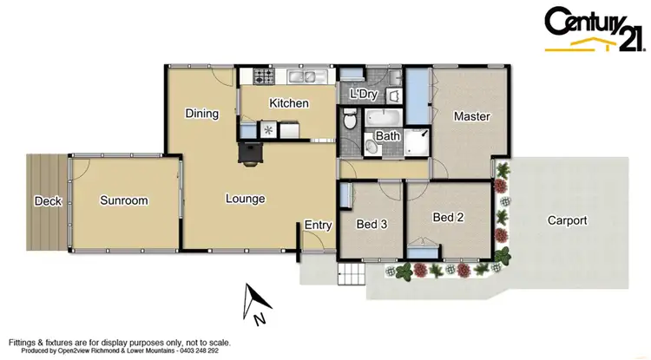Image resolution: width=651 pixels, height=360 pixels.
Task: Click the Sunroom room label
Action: (123, 200)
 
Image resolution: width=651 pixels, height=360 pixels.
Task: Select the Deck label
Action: (47, 201)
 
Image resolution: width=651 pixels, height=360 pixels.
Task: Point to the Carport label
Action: (567, 220)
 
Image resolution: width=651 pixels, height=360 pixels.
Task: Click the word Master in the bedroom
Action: (471, 116)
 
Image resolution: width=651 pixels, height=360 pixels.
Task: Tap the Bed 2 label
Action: (448, 219)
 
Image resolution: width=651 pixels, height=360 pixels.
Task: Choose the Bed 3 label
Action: (372, 225)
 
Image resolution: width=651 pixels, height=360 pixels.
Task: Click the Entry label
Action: (318, 225)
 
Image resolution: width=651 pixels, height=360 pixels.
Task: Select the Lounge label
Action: (245, 199)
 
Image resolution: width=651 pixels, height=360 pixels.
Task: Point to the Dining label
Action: (201, 114)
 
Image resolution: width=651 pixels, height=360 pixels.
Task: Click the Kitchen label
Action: (288, 103)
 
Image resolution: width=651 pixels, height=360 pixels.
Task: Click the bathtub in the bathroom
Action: (381, 118)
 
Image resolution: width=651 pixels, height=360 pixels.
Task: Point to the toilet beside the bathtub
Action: (350, 122)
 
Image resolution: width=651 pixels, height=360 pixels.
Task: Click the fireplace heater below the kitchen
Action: (250, 152)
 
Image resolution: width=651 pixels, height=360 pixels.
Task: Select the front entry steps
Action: (351, 277)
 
